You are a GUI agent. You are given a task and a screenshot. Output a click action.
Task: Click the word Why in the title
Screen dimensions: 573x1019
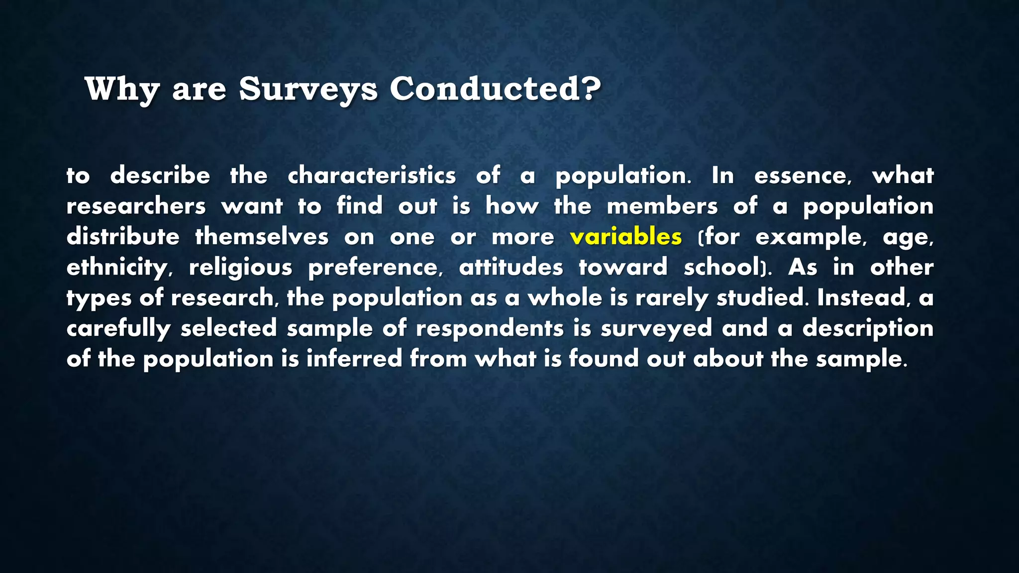click(x=122, y=90)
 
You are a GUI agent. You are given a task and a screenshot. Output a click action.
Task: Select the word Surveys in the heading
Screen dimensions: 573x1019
click(x=308, y=90)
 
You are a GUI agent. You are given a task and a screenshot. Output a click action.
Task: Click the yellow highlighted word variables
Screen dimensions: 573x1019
click(x=626, y=237)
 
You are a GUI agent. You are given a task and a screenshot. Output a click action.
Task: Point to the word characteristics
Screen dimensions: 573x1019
click(x=372, y=176)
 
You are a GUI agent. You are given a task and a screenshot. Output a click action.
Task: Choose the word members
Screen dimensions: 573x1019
click(x=662, y=206)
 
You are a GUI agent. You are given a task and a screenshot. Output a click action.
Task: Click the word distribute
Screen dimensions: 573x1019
click(x=123, y=237)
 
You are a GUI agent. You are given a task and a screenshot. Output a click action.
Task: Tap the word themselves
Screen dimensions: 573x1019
click(x=262, y=237)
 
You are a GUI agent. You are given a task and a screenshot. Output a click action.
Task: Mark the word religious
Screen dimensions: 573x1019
click(x=240, y=268)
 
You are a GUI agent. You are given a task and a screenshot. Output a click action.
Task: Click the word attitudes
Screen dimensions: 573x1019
click(x=511, y=268)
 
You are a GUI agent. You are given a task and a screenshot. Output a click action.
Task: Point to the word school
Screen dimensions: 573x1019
click(x=721, y=268)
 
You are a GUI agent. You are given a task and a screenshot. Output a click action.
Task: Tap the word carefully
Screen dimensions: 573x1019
click(x=118, y=329)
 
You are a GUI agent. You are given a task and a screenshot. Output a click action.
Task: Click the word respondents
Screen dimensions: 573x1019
click(x=490, y=329)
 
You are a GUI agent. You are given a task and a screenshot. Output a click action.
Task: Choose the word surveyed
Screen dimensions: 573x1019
click(x=656, y=329)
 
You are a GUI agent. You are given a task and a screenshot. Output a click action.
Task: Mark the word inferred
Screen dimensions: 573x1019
click(x=354, y=359)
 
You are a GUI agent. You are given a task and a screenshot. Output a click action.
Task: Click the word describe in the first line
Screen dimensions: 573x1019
click(x=160, y=176)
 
